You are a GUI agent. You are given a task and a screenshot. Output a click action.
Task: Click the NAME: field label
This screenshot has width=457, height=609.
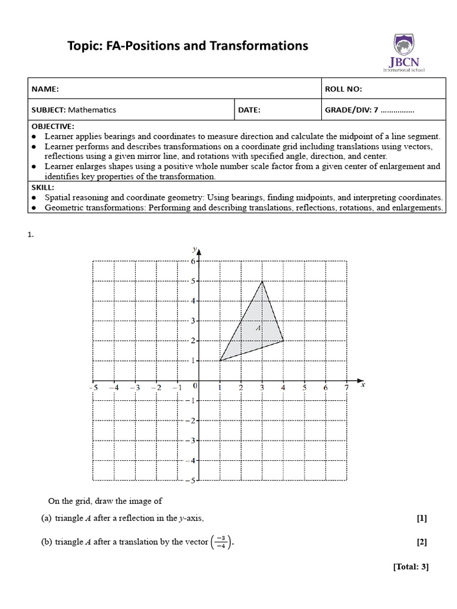pos(45,89)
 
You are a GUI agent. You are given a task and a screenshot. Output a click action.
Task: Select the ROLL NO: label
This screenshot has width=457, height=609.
pos(343,89)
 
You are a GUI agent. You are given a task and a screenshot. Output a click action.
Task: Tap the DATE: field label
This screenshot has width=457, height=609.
pos(249,110)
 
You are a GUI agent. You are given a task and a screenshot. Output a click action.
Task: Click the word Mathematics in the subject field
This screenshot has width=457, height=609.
pos(92,110)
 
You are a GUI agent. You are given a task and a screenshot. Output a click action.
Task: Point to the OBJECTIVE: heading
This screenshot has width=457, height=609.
pos(53,127)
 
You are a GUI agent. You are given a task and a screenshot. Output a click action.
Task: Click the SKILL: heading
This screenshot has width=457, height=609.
pos(42,187)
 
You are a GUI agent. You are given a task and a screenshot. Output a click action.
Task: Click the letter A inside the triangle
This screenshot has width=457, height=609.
pos(259,327)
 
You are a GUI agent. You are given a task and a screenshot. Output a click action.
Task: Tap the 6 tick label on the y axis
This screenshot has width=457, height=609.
pos(193,261)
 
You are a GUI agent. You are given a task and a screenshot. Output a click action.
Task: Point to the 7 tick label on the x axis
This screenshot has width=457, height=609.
pos(346,388)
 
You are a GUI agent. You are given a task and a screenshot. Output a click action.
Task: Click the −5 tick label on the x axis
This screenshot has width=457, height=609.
pos(93,388)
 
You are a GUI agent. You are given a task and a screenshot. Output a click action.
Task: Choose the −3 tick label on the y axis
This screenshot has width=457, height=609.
pos(191,441)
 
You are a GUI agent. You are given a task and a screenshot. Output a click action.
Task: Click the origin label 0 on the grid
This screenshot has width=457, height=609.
pos(195,387)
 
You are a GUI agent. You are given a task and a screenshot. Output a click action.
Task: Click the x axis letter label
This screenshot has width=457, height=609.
pos(362,385)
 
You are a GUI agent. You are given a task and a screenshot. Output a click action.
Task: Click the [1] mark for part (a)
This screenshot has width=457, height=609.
pos(422,518)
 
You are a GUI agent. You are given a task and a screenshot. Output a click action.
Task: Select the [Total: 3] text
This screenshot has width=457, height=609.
pos(411,567)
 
